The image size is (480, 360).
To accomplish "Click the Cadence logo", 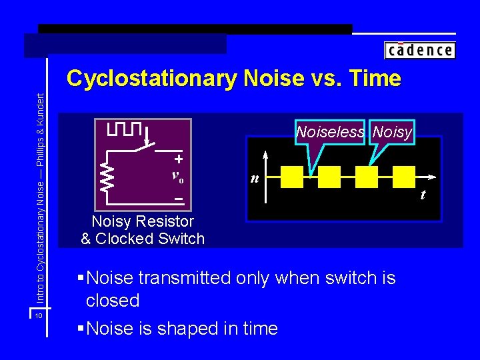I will pyautogui.click(x=419, y=50).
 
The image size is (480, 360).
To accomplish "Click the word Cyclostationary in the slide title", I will pyautogui.click(x=151, y=79).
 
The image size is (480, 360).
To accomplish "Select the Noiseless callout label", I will pyautogui.click(x=330, y=132).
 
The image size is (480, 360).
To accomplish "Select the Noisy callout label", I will pyautogui.click(x=392, y=132).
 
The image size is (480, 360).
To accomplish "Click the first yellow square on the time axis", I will pyautogui.click(x=292, y=177).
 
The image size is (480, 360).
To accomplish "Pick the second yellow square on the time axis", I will pyautogui.click(x=329, y=177).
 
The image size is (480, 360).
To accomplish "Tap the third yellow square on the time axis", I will pyautogui.click(x=367, y=177).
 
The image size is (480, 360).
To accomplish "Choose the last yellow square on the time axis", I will pyautogui.click(x=403, y=177).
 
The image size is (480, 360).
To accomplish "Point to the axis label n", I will pyautogui.click(x=254, y=179).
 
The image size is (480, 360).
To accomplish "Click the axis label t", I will pyautogui.click(x=422, y=195).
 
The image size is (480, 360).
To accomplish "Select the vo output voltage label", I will pyautogui.click(x=178, y=177).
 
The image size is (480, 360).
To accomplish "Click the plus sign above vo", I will pyautogui.click(x=179, y=159).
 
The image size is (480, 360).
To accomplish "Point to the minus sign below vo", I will pyautogui.click(x=179, y=199).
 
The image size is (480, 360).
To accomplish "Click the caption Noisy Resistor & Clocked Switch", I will pyautogui.click(x=142, y=230).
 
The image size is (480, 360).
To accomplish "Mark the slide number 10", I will pyautogui.click(x=39, y=315).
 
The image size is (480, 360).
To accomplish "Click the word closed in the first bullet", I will pyautogui.click(x=113, y=301).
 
